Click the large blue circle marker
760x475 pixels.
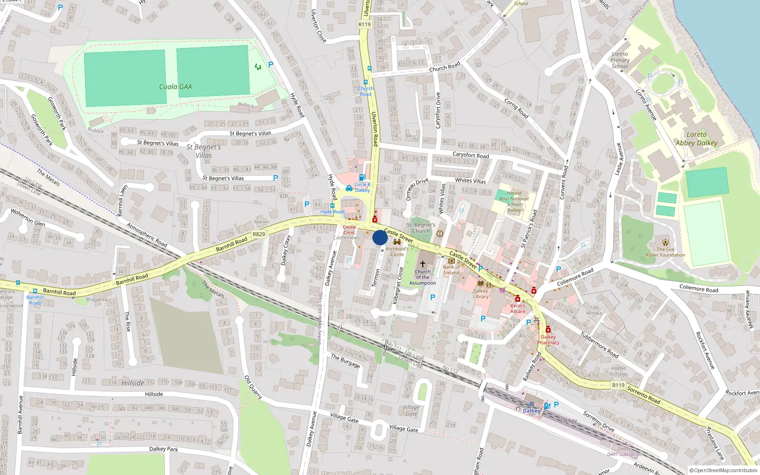pyautogui.click(x=380, y=237)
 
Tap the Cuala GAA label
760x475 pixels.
pyautogui.click(x=175, y=86)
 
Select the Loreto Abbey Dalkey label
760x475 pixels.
pyautogui.click(x=696, y=139)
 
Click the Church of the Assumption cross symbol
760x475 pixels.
pyautogui.click(x=422, y=264)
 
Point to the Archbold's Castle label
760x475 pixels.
pyautogui.click(x=397, y=251)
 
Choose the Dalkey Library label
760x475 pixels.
pyautogui.click(x=480, y=294)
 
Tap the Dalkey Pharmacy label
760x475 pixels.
pyautogui.click(x=548, y=340)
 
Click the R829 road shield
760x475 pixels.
pyautogui.click(x=259, y=234)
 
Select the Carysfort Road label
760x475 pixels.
pyautogui.click(x=470, y=155)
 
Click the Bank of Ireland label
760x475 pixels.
pyautogui.click(x=452, y=270)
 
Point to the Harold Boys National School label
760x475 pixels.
pyautogui.click(x=514, y=202)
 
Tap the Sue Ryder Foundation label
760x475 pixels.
pyautogui.click(x=665, y=252)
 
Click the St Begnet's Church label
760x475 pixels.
pyautogui.click(x=421, y=228)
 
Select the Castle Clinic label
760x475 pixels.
pyautogui.click(x=349, y=230)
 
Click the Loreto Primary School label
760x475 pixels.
pyautogui.click(x=620, y=60)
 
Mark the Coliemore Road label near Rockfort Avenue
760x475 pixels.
pyautogui.click(x=699, y=288)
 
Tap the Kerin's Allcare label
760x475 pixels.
pyautogui.click(x=518, y=308)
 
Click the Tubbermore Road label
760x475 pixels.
pyautogui.click(x=599, y=344)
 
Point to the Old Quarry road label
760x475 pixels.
pyautogui.click(x=253, y=387)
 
